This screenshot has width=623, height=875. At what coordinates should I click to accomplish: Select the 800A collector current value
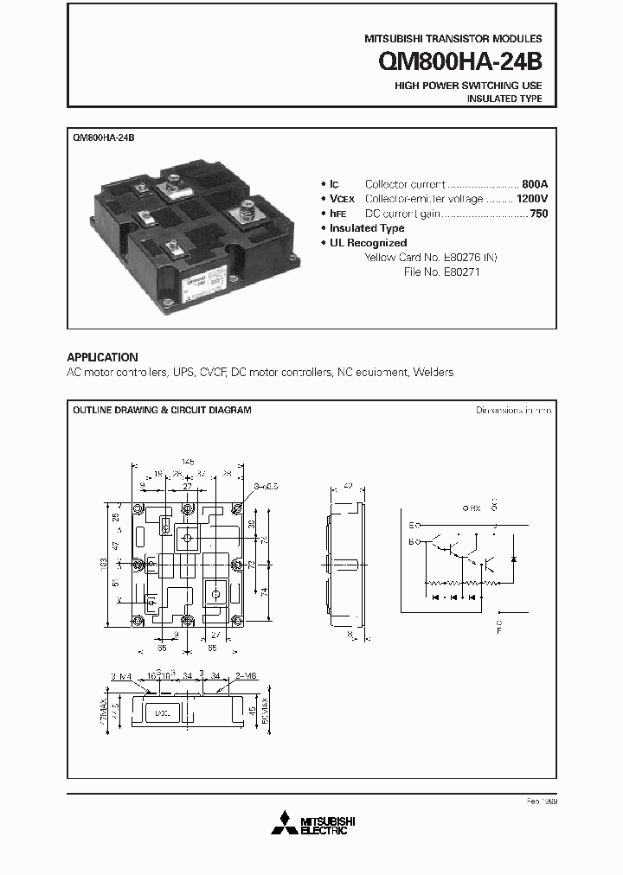(x=535, y=184)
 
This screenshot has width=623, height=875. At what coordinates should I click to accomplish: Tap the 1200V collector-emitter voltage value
(x=531, y=199)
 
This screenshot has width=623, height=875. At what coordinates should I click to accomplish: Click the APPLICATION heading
(x=102, y=357)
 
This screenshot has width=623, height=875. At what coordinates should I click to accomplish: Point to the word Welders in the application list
(x=433, y=372)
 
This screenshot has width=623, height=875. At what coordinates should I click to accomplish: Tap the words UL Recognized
(x=368, y=243)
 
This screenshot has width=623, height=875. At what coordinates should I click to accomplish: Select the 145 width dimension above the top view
(x=187, y=461)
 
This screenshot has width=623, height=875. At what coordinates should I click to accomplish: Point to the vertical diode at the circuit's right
(x=513, y=559)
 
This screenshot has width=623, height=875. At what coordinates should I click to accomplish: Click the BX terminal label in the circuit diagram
(x=473, y=508)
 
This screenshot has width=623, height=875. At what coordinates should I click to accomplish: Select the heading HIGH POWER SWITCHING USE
(x=468, y=86)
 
